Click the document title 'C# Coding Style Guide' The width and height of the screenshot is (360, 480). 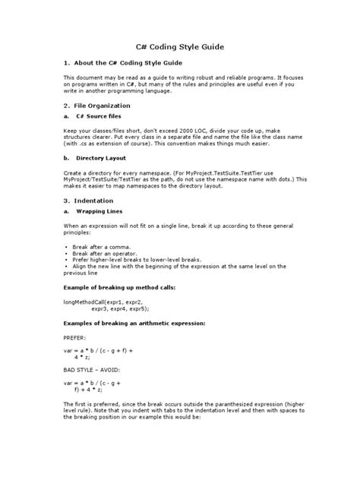[x=180, y=46]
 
